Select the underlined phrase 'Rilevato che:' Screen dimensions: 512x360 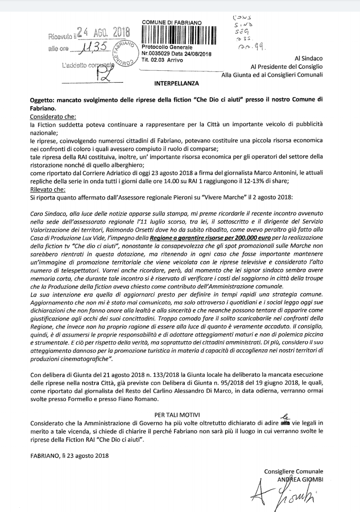(x=47, y=189)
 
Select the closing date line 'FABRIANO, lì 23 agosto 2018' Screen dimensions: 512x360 (x=69, y=455)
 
